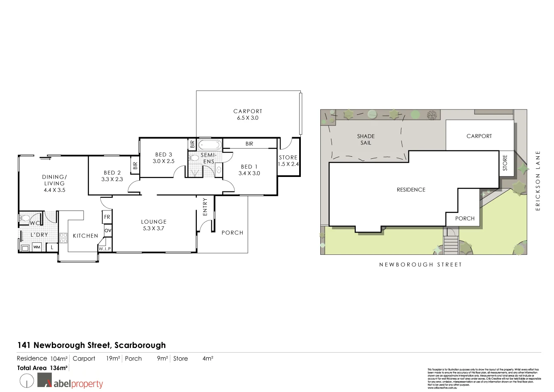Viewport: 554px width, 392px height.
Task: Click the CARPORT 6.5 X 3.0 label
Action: click(x=248, y=114)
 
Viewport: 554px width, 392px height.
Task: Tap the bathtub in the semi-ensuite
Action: click(x=210, y=145)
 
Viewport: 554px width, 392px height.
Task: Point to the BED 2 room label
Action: click(x=112, y=176)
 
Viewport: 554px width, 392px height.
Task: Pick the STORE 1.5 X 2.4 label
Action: click(x=288, y=161)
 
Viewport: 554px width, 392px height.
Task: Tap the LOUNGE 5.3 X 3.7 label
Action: click(x=153, y=225)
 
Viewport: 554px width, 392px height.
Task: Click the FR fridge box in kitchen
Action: click(x=107, y=217)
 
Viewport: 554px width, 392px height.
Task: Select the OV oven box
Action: click(x=108, y=230)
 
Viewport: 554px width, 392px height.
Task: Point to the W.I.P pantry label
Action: click(x=104, y=249)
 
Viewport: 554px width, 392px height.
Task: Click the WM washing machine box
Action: click(x=37, y=247)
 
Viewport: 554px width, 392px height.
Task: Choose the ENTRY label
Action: click(x=205, y=207)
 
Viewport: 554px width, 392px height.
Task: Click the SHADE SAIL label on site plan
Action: click(x=366, y=139)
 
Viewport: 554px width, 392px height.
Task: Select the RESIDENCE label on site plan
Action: click(x=411, y=190)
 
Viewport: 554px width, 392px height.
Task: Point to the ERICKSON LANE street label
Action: click(x=538, y=181)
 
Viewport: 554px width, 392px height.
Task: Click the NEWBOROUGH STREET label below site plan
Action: click(x=420, y=264)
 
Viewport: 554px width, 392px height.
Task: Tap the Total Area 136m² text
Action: click(x=42, y=368)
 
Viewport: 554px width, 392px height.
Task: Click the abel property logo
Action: click(x=70, y=382)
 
